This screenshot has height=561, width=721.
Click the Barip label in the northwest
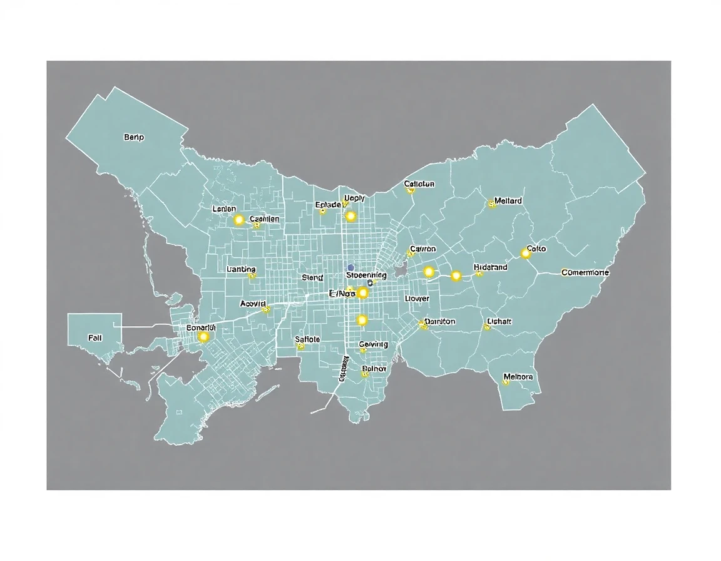134,137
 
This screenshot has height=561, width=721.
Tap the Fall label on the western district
95,337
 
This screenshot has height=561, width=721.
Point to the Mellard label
508,201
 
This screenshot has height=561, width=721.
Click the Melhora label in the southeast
518,377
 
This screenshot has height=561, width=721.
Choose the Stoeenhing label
366,275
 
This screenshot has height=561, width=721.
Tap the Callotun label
419,184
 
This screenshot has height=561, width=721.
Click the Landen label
224,208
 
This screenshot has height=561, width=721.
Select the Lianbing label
240,269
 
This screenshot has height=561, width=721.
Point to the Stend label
312,277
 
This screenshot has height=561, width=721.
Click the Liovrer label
417,299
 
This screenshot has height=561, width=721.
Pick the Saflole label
307,339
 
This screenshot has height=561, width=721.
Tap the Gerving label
374,344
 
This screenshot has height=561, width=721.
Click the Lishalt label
499,322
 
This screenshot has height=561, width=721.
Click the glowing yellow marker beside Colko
526,254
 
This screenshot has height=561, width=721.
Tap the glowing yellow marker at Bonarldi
203,337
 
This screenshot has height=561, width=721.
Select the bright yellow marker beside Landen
238,220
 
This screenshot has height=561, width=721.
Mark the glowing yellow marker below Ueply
350,216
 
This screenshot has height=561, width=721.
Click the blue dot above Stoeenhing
350,267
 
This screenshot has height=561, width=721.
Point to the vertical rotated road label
344,369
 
